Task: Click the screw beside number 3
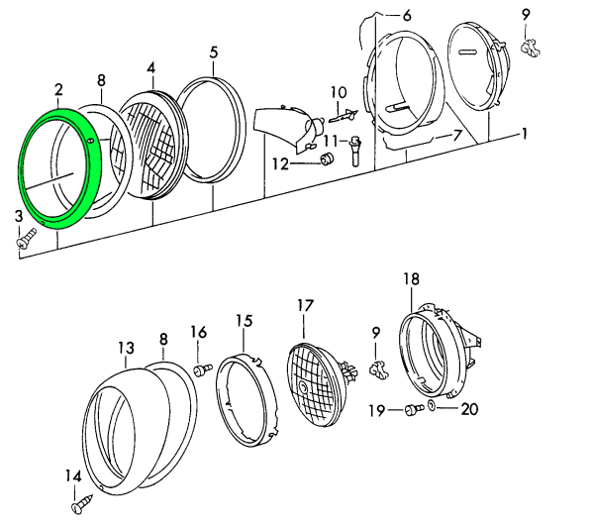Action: tap(26, 238)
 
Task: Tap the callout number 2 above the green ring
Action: tap(58, 90)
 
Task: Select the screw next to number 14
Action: tap(82, 503)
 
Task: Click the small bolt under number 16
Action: tap(203, 368)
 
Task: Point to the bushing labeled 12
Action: tap(327, 158)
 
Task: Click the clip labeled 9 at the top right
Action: tap(531, 49)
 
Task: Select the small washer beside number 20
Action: tap(432, 406)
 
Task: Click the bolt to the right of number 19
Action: tap(414, 409)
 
